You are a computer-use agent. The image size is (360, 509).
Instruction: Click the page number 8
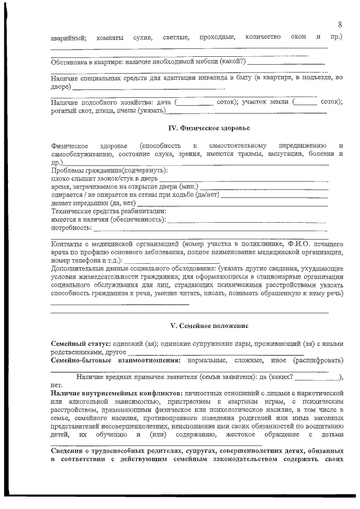click(340, 24)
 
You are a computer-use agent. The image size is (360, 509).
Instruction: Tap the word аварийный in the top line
click(68, 38)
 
